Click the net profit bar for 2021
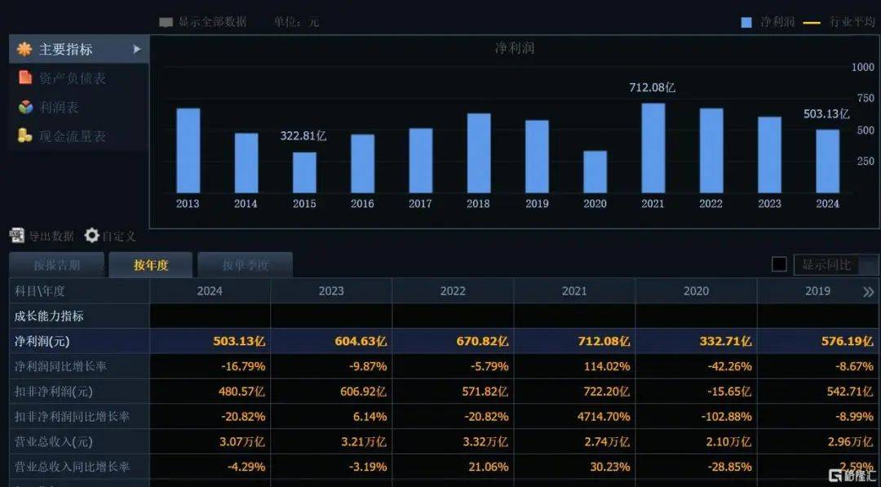point(653,148)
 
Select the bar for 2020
point(595,171)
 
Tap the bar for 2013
point(188,150)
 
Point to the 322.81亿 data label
point(303,136)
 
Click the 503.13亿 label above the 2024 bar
point(826,114)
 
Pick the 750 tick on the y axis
point(863,99)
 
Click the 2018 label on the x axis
point(478,203)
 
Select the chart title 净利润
point(515,48)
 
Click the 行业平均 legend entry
point(851,22)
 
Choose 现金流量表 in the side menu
point(72,136)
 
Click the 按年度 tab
point(151,264)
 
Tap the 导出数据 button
point(42,236)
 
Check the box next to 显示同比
point(779,264)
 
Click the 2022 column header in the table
point(453,291)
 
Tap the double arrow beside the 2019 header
point(869,291)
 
